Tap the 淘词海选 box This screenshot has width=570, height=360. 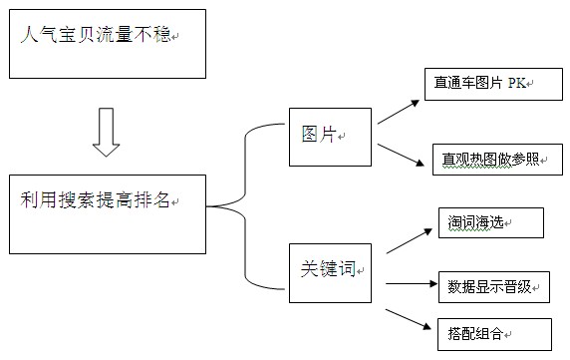point(490,223)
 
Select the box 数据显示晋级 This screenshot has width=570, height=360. point(493,287)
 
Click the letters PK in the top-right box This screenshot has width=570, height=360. point(516,85)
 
